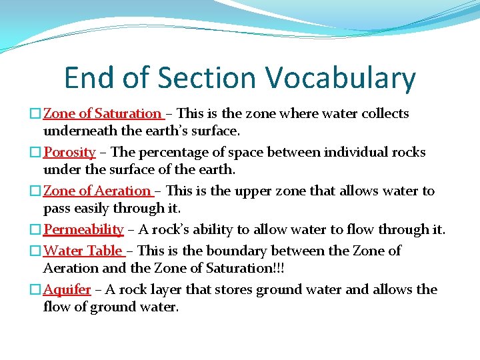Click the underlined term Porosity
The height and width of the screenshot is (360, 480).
69,152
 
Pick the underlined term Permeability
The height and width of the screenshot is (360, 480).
83,229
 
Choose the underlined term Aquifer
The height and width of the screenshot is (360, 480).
67,289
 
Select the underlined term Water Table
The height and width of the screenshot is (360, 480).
83,251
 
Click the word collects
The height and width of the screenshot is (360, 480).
385,113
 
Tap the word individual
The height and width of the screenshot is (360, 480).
357,152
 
